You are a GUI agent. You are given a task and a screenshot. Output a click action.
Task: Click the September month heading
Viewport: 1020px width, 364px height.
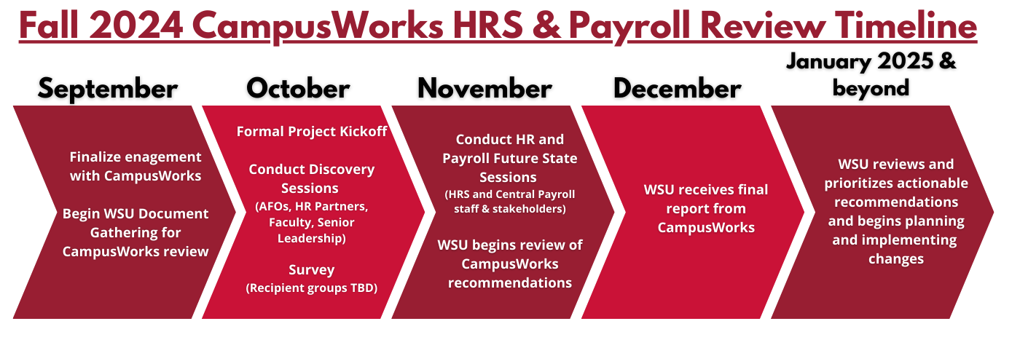pos(108,89)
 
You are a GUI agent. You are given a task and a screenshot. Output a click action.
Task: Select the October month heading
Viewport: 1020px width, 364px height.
pos(298,89)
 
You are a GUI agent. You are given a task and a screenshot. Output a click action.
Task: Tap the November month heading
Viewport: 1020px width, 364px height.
pos(484,89)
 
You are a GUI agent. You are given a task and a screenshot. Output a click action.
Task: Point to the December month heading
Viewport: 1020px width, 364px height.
pos(677,89)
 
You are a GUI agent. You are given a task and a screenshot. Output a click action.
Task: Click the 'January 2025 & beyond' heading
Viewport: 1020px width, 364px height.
pos(871,75)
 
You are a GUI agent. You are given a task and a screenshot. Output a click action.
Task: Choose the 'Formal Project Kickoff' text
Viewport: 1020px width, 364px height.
pos(312,132)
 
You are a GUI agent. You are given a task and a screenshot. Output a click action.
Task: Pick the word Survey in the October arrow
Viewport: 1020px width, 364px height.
pos(312,270)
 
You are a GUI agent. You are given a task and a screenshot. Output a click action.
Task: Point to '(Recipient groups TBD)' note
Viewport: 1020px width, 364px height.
pos(312,288)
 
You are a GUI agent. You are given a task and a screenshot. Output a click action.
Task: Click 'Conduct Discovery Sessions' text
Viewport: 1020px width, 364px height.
pos(312,178)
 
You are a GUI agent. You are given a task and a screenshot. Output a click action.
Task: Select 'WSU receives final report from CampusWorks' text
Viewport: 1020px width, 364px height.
pos(706,208)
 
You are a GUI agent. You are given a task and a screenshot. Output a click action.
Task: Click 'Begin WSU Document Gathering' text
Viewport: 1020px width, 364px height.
pos(136,223)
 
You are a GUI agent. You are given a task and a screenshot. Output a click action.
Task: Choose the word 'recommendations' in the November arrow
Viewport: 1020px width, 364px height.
pos(510,282)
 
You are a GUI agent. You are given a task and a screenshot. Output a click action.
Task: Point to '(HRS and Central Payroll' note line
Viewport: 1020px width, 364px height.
pos(510,194)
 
